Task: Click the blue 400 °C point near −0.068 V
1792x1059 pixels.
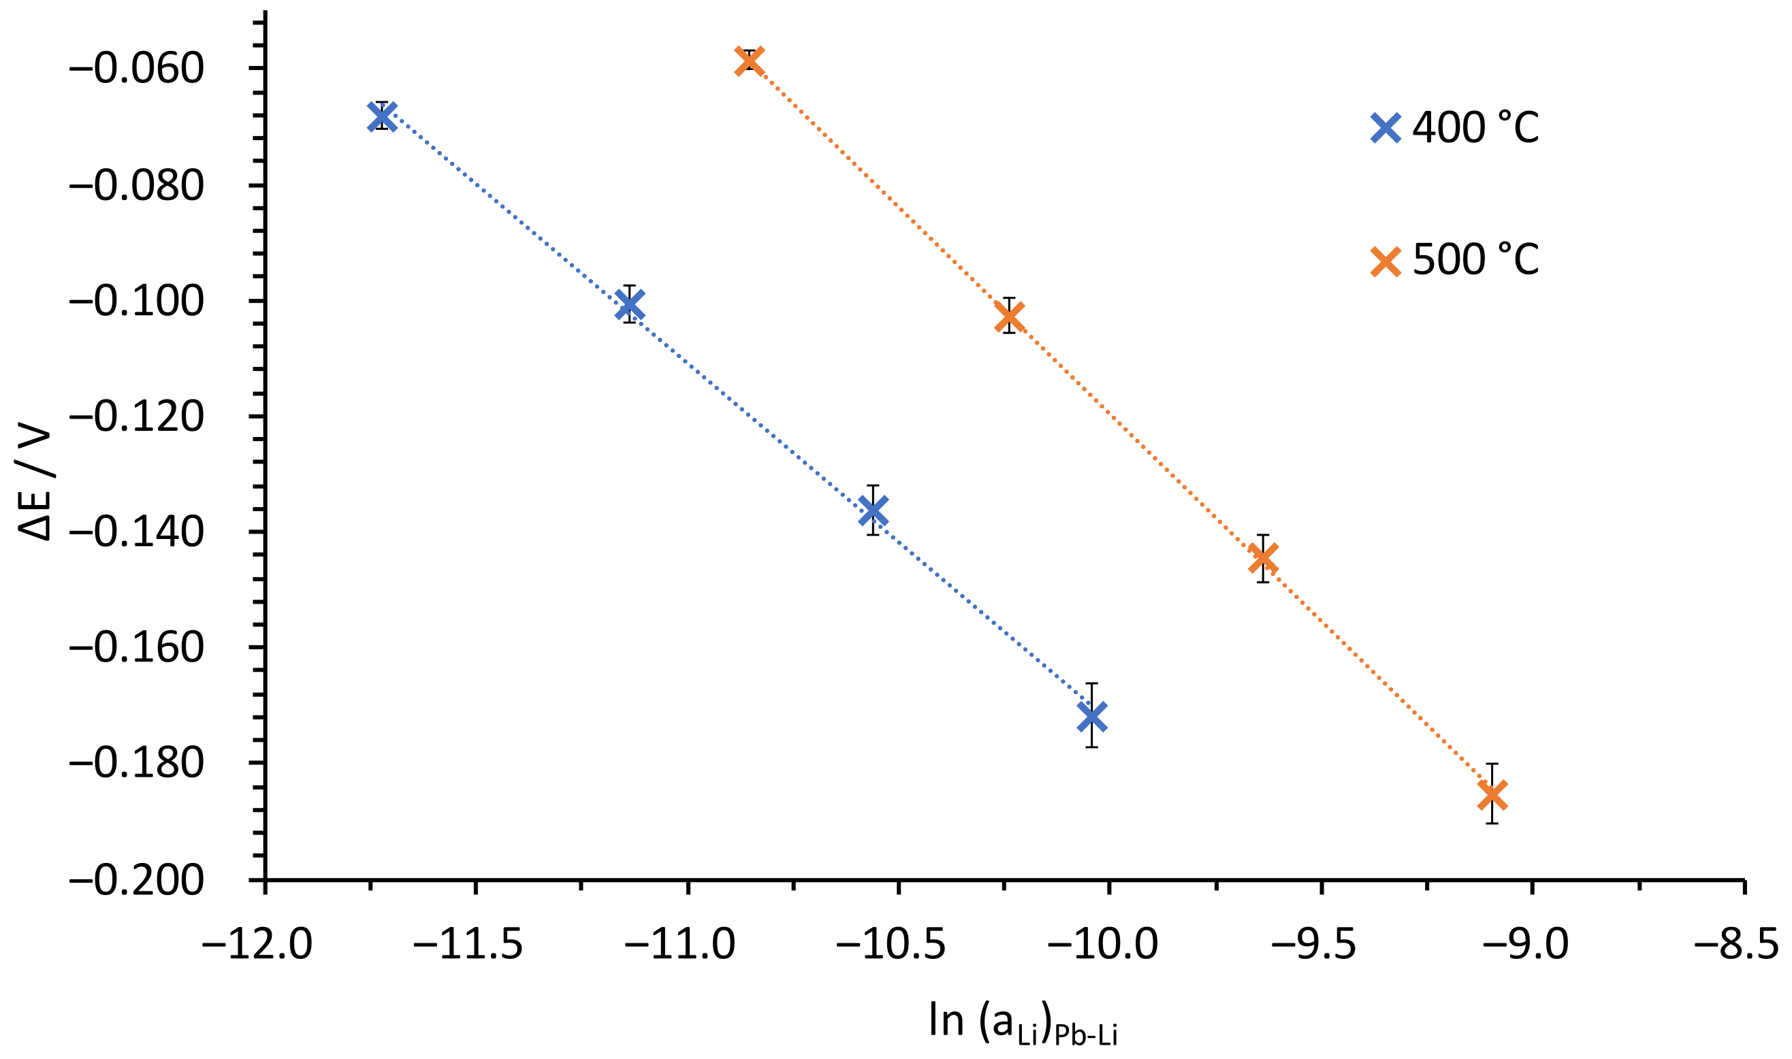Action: [383, 116]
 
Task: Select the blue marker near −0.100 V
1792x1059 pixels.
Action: [630, 304]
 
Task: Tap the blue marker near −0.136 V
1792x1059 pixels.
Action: [873, 510]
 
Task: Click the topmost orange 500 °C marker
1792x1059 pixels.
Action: [750, 61]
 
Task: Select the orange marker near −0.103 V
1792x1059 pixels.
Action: [1009, 315]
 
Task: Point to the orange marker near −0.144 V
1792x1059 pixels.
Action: [1263, 558]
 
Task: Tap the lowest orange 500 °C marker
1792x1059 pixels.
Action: [1492, 794]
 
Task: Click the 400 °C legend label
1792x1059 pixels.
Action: [1475, 129]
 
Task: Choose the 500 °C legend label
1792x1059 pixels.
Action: [1475, 260]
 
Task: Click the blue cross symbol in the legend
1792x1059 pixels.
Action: [1386, 129]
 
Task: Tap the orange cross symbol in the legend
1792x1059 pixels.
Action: [1386, 261]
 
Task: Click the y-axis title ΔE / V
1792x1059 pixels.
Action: [35, 484]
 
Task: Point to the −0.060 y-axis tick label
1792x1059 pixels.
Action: [136, 69]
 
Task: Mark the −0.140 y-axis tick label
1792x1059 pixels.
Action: [136, 534]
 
